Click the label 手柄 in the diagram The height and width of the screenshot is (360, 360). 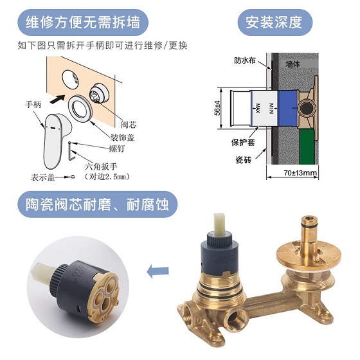(x=34, y=104)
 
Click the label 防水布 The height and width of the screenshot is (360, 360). (x=244, y=61)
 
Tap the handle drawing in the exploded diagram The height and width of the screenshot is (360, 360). (x=53, y=136)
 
